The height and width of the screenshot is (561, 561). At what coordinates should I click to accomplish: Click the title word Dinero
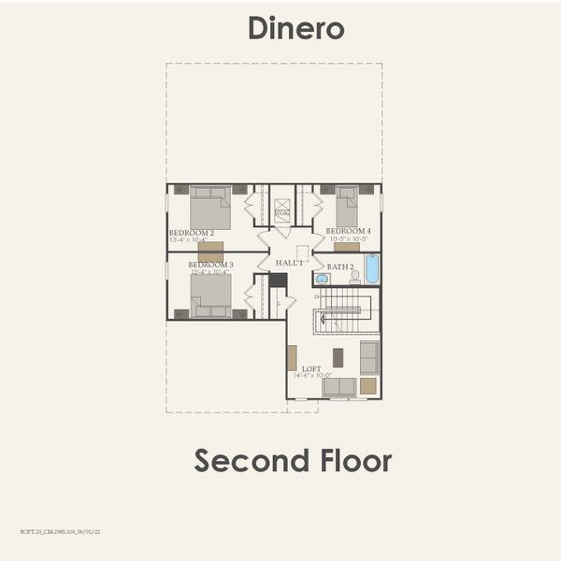click(295, 28)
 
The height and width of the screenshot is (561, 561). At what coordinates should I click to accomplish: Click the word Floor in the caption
click(354, 460)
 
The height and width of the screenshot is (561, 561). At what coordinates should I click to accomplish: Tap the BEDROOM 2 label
click(192, 232)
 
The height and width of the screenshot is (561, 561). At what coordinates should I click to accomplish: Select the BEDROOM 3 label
click(210, 265)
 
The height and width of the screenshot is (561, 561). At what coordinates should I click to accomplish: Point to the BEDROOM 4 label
click(348, 231)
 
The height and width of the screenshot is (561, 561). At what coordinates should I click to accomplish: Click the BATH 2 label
click(340, 266)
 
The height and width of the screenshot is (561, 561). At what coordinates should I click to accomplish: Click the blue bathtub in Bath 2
click(372, 269)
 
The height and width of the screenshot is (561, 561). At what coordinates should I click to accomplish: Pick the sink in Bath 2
click(322, 279)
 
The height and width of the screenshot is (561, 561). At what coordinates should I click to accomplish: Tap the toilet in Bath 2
click(355, 277)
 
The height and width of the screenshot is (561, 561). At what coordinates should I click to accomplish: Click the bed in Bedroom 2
click(210, 207)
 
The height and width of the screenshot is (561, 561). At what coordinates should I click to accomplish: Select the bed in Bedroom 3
click(210, 296)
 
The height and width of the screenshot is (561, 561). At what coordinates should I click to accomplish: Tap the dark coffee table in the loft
click(338, 356)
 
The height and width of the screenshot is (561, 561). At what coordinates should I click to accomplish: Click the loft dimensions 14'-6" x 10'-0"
click(311, 376)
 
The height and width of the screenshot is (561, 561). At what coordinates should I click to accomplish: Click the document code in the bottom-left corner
click(60, 530)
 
